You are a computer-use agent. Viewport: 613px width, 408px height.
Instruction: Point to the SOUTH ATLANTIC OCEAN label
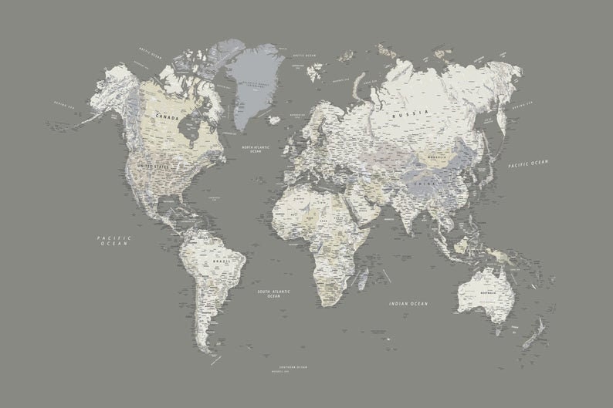[274, 294]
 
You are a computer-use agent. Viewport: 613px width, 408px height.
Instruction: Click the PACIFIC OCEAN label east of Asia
[529, 164]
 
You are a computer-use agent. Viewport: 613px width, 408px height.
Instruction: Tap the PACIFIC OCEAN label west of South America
[115, 241]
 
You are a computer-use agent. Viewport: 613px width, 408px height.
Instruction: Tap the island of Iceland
[275, 120]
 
